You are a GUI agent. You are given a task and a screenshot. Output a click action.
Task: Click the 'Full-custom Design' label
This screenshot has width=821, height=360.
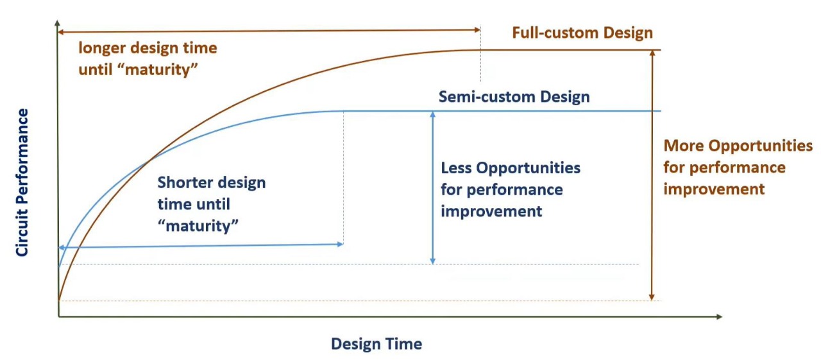(x=582, y=33)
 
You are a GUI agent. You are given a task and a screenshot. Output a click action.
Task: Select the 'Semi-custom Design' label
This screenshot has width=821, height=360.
(x=514, y=98)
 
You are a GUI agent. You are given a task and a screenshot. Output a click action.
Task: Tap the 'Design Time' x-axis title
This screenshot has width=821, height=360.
(x=377, y=344)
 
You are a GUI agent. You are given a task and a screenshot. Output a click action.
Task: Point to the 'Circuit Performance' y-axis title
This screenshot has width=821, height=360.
(x=22, y=183)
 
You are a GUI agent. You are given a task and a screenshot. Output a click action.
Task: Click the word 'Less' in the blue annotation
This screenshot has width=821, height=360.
(x=456, y=168)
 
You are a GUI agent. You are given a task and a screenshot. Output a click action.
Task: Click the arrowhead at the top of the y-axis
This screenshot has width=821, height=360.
(x=58, y=24)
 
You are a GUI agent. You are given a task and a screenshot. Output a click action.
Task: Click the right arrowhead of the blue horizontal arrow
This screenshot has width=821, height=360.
(x=339, y=244)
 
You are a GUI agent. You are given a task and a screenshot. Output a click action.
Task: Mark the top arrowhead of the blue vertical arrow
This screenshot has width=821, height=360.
(x=433, y=114)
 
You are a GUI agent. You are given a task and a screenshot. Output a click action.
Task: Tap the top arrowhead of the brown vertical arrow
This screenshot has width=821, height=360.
(x=652, y=53)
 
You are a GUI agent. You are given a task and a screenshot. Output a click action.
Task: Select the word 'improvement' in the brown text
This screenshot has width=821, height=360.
(x=714, y=189)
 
